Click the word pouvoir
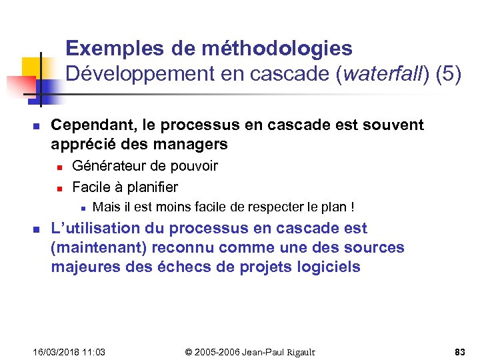pos(194,166)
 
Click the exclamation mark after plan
pos(352,207)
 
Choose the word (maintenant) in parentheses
pos(99,248)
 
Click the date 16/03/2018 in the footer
pos(55,351)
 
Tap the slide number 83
pos(460,351)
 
